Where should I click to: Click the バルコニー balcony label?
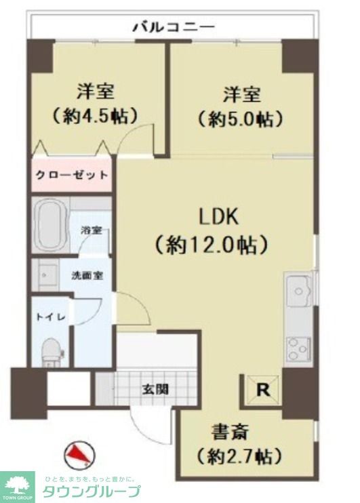click(173, 28)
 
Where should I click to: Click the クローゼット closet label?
click(71, 175)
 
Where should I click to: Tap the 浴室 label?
click(91, 230)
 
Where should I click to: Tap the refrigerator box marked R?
click(262, 390)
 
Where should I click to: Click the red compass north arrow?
click(79, 452)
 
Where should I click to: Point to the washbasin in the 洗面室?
click(49, 275)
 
